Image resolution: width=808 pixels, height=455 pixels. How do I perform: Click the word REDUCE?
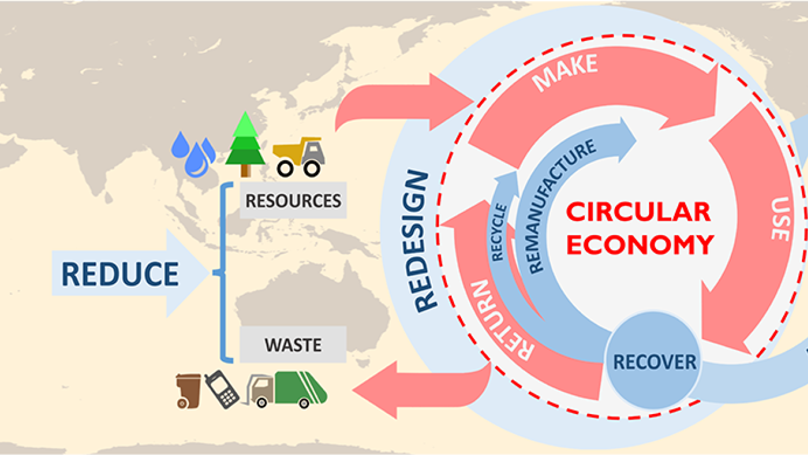(120, 274)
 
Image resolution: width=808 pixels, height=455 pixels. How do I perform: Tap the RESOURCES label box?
(293, 201)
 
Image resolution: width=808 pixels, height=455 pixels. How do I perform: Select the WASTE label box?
(293, 345)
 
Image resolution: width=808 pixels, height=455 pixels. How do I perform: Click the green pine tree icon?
(245, 145)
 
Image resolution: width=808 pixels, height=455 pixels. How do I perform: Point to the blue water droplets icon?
(193, 154)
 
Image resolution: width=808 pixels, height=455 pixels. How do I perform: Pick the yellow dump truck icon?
(298, 156)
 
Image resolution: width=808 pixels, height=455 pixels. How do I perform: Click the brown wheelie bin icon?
(188, 390)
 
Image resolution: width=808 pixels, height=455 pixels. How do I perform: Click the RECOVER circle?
(654, 361)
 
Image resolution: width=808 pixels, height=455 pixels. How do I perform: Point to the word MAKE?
(565, 73)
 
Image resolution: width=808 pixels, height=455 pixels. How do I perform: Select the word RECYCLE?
(498, 232)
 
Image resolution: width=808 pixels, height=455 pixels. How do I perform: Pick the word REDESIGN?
(421, 241)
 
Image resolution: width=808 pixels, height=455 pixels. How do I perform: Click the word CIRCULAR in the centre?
(638, 212)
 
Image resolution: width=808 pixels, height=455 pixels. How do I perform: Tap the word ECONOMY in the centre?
(640, 245)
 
